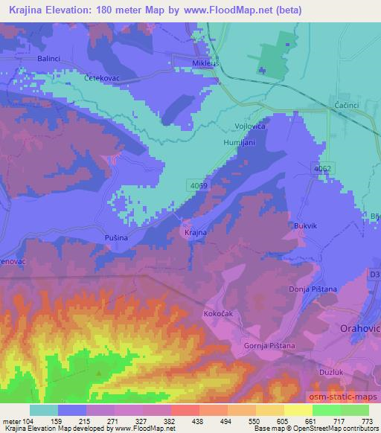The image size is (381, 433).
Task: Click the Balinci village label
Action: coord(42,57)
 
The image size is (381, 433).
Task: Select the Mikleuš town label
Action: coord(188,64)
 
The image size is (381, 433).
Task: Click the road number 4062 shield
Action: coord(322,169)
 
